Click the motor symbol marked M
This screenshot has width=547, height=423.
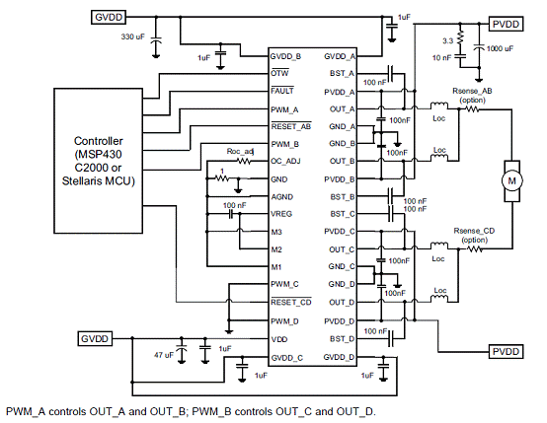(x=511, y=180)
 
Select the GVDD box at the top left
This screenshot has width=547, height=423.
(x=109, y=18)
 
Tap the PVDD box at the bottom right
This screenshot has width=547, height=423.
(x=506, y=352)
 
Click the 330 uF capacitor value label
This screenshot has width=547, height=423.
(x=132, y=36)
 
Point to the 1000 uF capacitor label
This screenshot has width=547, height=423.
(x=500, y=48)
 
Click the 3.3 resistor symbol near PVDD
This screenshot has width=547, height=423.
(x=460, y=37)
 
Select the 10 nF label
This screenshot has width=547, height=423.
(x=441, y=58)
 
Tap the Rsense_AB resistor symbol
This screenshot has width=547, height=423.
(x=471, y=109)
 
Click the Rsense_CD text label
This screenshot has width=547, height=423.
(x=474, y=231)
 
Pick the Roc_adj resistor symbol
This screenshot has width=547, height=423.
(x=244, y=161)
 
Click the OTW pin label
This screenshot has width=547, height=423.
(x=279, y=73)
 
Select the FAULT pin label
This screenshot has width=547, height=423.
(x=282, y=91)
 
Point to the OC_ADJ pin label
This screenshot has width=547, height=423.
(x=285, y=162)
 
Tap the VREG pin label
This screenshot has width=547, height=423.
(x=281, y=214)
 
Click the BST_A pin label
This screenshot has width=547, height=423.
(x=342, y=74)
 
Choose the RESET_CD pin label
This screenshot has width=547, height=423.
(x=291, y=302)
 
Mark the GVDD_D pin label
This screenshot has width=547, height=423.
(x=339, y=357)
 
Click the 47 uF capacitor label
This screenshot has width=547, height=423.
(x=164, y=355)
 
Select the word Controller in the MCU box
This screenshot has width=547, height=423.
(x=99, y=141)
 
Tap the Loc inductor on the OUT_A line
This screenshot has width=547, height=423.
(x=439, y=105)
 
